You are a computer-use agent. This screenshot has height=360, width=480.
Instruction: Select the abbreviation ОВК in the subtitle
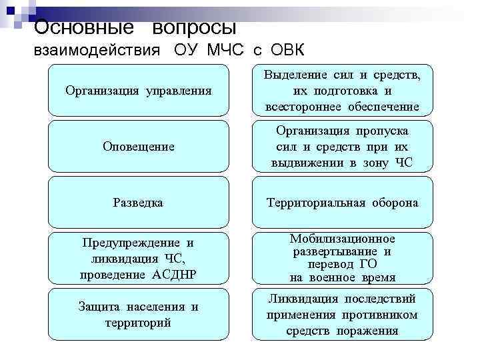[287, 51]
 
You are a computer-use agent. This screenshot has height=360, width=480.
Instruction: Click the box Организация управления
[139, 90]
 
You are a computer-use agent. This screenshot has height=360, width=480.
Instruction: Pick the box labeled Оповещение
[139, 146]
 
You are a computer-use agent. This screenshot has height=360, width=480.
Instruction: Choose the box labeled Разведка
[139, 202]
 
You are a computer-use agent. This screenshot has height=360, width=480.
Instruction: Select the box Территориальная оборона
[343, 202]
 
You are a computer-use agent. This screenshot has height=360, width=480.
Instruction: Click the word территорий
[139, 322]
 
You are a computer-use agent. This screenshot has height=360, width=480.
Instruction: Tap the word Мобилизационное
[343, 238]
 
